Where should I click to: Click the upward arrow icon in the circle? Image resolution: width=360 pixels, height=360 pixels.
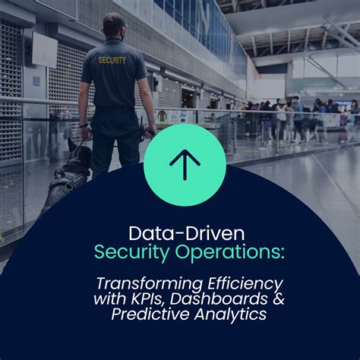(185, 164)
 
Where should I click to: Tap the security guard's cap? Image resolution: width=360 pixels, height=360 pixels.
(114, 21)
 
